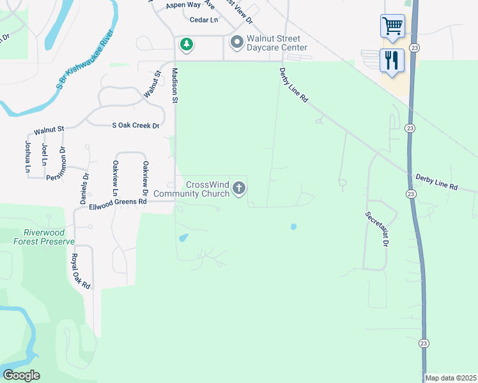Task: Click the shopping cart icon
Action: tap(392, 26)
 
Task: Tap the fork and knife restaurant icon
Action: tap(392, 61)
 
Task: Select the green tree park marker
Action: tap(186, 44)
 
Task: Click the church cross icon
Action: tap(239, 188)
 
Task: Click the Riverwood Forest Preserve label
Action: tap(43, 237)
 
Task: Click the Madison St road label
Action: tap(174, 86)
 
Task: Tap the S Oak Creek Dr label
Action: tap(135, 126)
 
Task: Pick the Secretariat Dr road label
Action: tap(377, 230)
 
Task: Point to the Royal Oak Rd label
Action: tap(81, 271)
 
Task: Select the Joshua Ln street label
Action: tap(28, 156)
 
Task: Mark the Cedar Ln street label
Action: tap(204, 20)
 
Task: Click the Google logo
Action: tap(21, 375)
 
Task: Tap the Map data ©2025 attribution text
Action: tap(451, 378)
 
